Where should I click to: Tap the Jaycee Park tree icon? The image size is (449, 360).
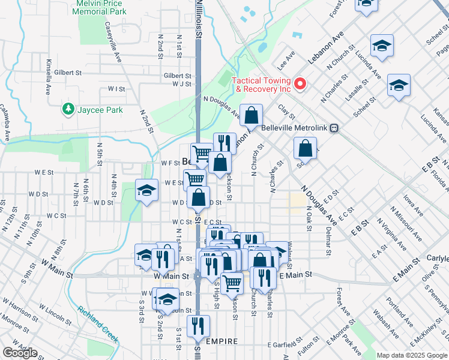(68, 109)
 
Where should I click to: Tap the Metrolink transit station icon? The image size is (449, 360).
(334, 128)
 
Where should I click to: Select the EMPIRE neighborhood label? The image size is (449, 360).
(222, 341)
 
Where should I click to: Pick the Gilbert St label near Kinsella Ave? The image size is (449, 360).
(67, 73)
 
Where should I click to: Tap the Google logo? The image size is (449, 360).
(20, 353)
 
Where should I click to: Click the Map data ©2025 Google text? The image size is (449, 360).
(411, 355)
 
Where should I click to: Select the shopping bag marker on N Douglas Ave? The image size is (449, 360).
(252, 115)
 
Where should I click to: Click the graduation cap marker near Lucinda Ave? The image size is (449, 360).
(381, 46)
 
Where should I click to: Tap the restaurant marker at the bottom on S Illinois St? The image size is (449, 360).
(197, 326)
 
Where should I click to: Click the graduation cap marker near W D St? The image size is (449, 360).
(145, 191)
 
